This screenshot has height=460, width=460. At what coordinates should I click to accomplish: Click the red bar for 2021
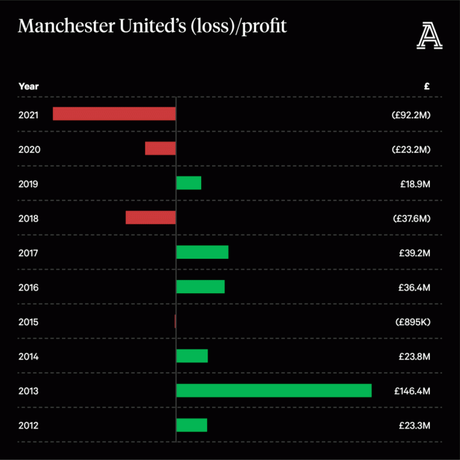114,114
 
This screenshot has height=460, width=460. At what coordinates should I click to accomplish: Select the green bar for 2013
273,390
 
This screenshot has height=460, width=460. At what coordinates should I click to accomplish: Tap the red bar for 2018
150,217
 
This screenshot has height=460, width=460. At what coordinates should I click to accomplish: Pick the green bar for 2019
188,183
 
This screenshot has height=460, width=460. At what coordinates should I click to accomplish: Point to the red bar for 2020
160,148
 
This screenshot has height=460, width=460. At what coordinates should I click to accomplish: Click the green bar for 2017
202,252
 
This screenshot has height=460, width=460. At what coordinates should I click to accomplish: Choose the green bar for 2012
192,425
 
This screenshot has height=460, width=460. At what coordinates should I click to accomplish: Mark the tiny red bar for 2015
175,321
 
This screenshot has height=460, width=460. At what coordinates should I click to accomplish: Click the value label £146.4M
412,391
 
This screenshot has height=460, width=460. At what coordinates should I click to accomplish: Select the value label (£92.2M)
411,115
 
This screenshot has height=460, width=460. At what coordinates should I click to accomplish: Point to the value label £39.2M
415,253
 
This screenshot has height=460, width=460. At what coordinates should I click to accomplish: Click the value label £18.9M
415,184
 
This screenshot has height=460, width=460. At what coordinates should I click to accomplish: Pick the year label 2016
29,287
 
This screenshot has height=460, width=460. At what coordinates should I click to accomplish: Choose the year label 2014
29,356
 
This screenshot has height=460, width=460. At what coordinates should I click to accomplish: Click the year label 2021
29,115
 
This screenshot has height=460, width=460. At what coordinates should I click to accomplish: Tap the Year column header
28,86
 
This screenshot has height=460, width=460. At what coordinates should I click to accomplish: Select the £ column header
426,86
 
